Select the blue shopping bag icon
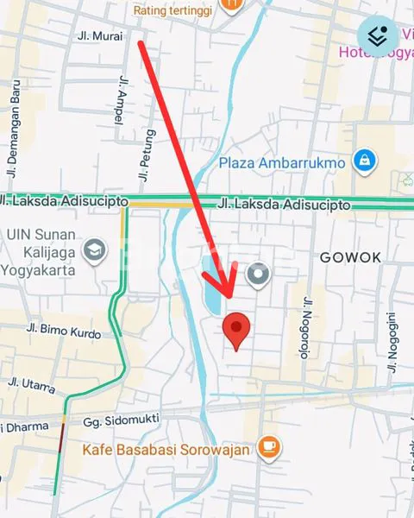click(x=367, y=160)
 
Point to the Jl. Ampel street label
click(x=119, y=99)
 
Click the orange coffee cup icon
click(x=269, y=446)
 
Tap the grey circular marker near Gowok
click(x=258, y=275)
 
